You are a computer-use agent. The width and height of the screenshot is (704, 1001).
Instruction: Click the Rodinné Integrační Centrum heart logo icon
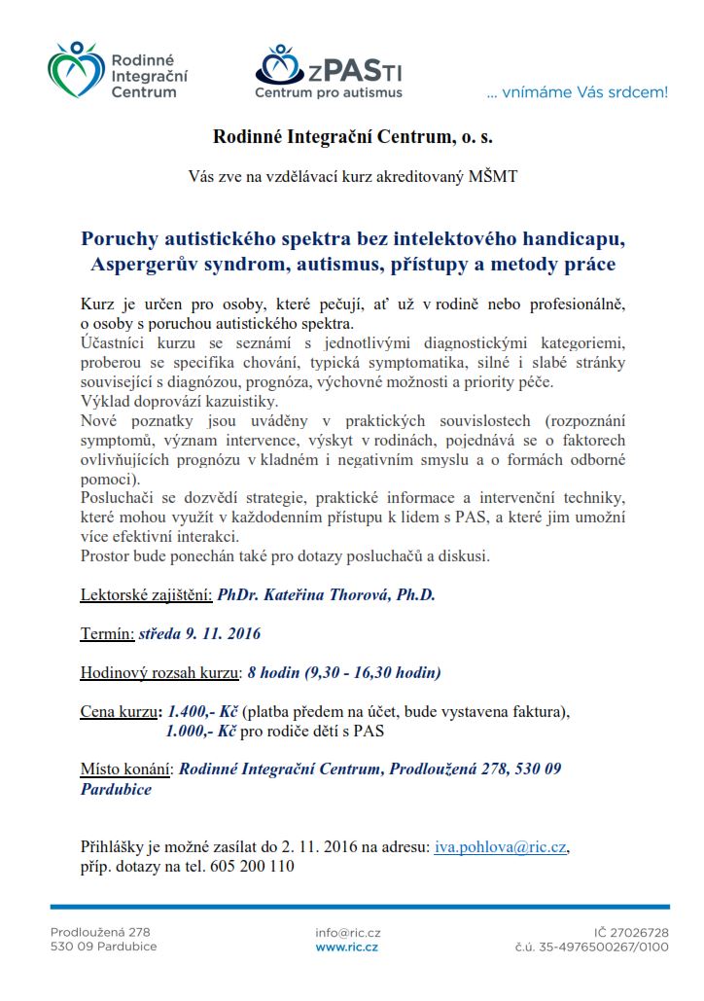click(x=74, y=70)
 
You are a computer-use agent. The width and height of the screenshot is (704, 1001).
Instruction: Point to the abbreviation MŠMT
click(x=493, y=177)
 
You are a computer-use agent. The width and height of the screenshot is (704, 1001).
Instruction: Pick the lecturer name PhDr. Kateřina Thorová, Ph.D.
click(x=326, y=594)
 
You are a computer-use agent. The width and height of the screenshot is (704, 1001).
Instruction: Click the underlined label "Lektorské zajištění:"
click(x=146, y=594)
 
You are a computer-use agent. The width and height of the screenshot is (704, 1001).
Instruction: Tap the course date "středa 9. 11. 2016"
click(x=200, y=633)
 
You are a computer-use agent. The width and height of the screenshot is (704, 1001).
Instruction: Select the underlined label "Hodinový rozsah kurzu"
click(x=159, y=672)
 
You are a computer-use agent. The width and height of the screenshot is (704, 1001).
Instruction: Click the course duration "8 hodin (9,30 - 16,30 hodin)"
click(x=344, y=672)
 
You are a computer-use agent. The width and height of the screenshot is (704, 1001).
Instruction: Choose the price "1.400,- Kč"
click(x=203, y=711)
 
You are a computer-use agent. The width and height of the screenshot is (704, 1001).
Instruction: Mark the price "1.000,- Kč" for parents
click(x=201, y=731)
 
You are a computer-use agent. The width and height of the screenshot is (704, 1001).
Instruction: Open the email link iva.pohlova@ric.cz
click(x=500, y=847)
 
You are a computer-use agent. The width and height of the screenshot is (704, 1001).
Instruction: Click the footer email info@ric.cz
click(x=346, y=932)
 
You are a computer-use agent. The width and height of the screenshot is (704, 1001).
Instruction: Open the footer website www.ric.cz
click(x=346, y=947)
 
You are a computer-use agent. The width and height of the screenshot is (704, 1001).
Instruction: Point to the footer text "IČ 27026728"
click(x=631, y=932)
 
